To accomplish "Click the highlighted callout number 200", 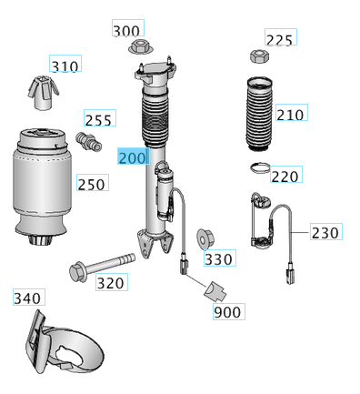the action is [133, 157].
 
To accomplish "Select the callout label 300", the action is [128, 28].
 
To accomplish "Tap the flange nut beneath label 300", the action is [141, 47].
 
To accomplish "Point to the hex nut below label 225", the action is [259, 56].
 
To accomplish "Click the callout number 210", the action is [292, 113].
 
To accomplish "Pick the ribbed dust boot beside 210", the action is [259, 114].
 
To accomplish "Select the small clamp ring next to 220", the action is [260, 167].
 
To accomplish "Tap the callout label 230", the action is [326, 232].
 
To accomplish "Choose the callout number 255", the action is [100, 118].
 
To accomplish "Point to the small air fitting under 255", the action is [88, 142].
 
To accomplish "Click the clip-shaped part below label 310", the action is [43, 93].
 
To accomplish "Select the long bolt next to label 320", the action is [102, 267].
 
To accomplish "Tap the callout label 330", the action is [220, 258].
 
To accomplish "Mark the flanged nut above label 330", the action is [205, 237].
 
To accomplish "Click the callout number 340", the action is [29, 297].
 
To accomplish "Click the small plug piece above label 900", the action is [215, 291].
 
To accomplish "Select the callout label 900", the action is [229, 311].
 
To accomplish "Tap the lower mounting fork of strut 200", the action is [155, 243].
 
